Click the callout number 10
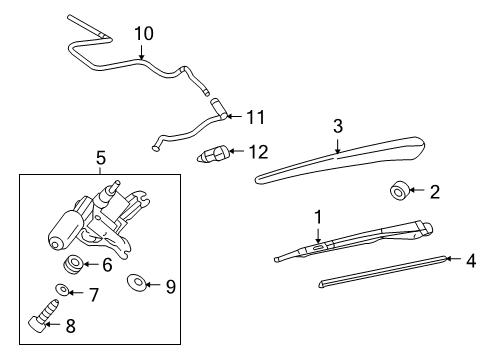pyautogui.click(x=144, y=33)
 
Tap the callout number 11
pyautogui.click(x=256, y=117)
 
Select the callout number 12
pyautogui.click(x=258, y=152)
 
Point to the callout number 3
pyautogui.click(x=338, y=126)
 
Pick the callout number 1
pyautogui.click(x=318, y=215)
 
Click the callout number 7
pyautogui.click(x=93, y=294)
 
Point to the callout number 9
pyautogui.click(x=170, y=285)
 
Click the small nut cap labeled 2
pyautogui.click(x=399, y=190)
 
